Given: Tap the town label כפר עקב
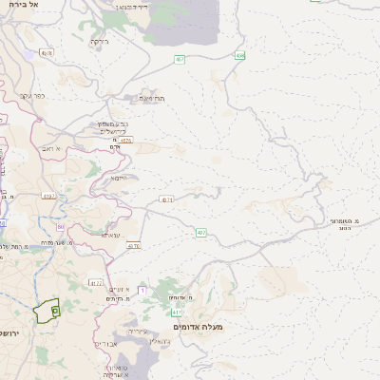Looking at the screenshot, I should (x=32, y=96).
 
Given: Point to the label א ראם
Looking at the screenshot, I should (x=51, y=148).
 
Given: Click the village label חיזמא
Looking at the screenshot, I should (x=119, y=178).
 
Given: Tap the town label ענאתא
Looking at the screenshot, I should (x=111, y=235).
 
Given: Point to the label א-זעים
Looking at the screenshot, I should (x=119, y=288).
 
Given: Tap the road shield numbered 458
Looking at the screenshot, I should (x=240, y=56).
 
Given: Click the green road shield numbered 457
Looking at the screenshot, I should (x=180, y=59).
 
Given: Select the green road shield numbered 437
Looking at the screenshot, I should (x=201, y=232).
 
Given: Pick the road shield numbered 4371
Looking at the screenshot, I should (x=168, y=199).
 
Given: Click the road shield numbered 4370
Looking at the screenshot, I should (x=133, y=245).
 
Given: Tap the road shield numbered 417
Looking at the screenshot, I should (x=176, y=312).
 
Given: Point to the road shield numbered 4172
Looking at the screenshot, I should (x=96, y=282).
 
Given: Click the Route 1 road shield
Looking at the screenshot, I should (x=142, y=289).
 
